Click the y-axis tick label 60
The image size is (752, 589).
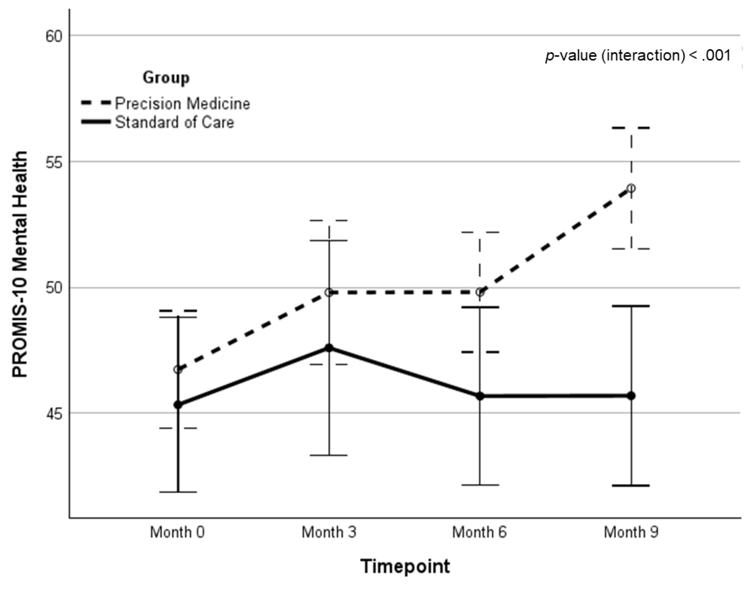(54, 36)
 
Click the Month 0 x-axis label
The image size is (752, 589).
(177, 532)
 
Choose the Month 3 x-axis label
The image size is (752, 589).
(329, 532)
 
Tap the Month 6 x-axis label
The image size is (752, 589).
(479, 532)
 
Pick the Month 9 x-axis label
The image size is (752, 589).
(631, 532)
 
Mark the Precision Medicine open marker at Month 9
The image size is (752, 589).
(631, 188)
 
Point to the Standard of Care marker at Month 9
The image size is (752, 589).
(631, 396)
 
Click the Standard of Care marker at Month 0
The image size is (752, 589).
(178, 405)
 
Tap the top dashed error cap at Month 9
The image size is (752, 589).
(631, 128)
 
